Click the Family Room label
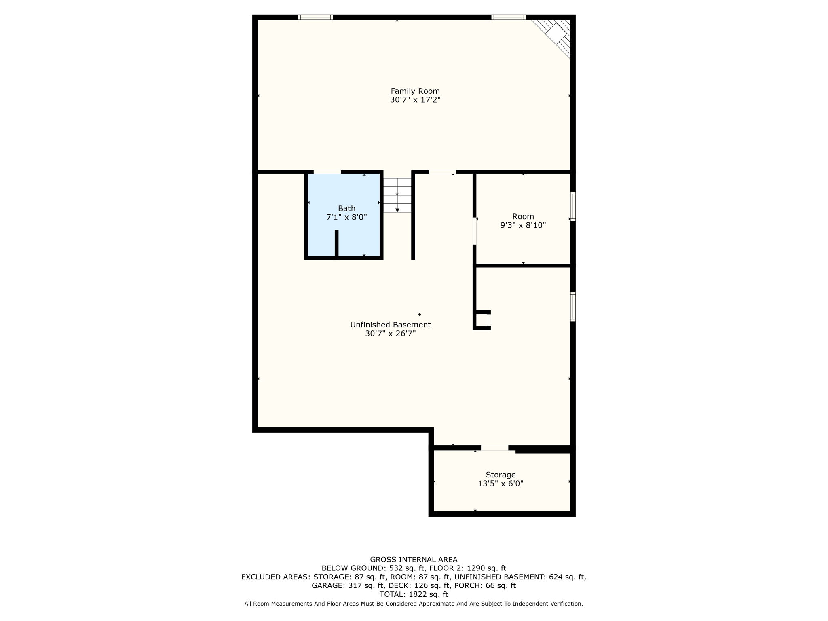(415, 91)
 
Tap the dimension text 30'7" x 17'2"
(415, 100)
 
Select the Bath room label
(346, 208)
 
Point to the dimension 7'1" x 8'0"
(346, 217)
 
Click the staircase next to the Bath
(397, 195)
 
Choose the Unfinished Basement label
(390, 325)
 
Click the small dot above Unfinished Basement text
(420, 314)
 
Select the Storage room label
(501, 475)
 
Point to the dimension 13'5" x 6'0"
(501, 484)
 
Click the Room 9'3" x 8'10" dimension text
(523, 225)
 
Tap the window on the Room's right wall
(573, 206)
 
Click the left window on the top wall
(315, 17)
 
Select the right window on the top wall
(509, 17)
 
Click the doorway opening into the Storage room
(494, 448)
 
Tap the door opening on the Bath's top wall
(327, 172)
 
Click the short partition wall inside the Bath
(336, 243)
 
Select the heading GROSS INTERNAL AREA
(414, 560)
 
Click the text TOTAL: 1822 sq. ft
(414, 594)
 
